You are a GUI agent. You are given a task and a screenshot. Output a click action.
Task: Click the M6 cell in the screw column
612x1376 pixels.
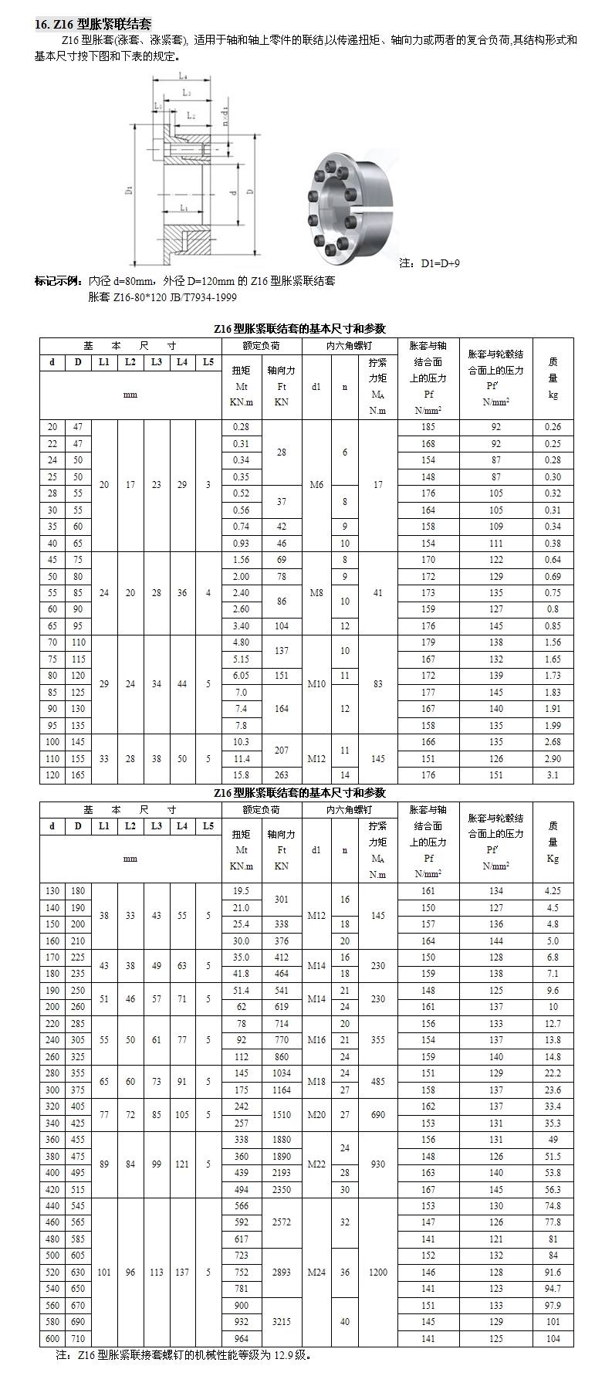pyautogui.click(x=316, y=485)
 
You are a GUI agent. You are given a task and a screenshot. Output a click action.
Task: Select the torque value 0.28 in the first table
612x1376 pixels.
pyautogui.click(x=241, y=427)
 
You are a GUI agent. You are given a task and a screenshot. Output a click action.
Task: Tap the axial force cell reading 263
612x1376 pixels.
pyautogui.click(x=281, y=775)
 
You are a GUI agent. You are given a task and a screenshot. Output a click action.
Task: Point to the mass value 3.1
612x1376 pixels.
pyautogui.click(x=553, y=775)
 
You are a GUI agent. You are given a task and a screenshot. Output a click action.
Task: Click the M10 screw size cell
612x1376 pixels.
pyautogui.click(x=316, y=684)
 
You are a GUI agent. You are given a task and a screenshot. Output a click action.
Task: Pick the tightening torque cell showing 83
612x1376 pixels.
pyautogui.click(x=377, y=684)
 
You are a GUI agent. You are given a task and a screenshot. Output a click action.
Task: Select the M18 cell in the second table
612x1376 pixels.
pyautogui.click(x=316, y=1082)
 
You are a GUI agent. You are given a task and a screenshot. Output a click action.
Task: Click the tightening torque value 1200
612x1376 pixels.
pyautogui.click(x=377, y=1272)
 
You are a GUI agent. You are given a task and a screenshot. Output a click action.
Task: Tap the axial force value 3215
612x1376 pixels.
pyautogui.click(x=281, y=1321)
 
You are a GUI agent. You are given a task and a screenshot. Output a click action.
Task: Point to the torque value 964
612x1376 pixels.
pyautogui.click(x=241, y=1338)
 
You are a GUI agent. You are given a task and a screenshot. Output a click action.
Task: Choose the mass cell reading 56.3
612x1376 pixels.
pyautogui.click(x=553, y=1190)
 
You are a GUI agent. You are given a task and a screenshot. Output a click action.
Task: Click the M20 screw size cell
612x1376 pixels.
pyautogui.click(x=316, y=1115)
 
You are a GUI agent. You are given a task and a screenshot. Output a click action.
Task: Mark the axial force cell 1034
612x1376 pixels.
pyautogui.click(x=281, y=1073)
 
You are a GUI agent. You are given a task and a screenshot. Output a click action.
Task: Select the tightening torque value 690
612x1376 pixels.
pyautogui.click(x=377, y=1115)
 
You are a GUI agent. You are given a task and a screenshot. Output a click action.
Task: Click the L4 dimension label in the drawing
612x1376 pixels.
pyautogui.click(x=184, y=76)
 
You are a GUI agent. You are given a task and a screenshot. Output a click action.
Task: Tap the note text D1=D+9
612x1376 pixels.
pyautogui.click(x=430, y=263)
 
